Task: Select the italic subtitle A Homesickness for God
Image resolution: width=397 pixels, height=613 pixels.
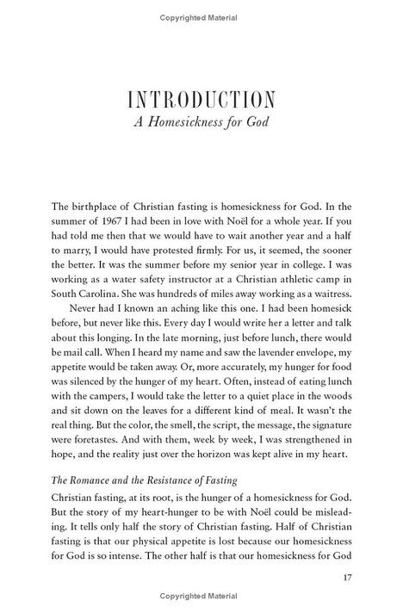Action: click(x=199, y=121)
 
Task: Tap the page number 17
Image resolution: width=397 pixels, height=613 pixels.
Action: click(x=350, y=579)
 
